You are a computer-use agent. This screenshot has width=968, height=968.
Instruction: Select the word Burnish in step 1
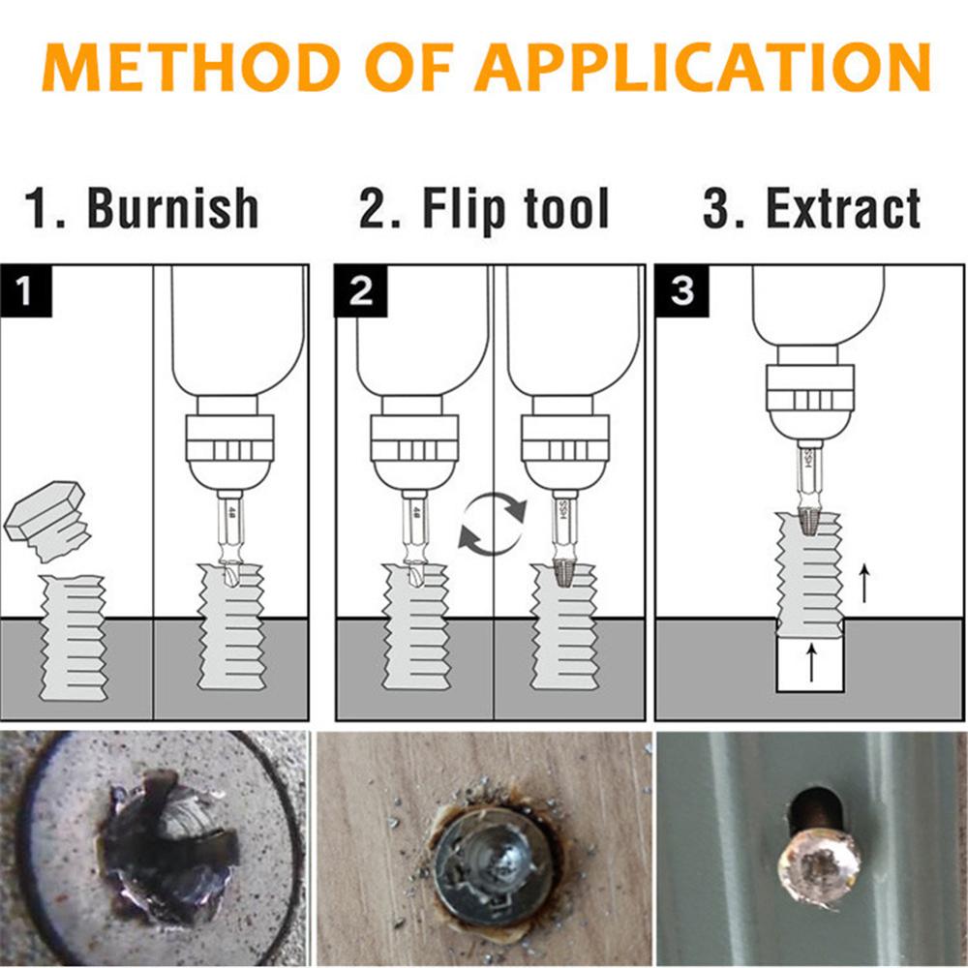[x=173, y=208]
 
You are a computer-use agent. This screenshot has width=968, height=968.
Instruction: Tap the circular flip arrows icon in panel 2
[x=493, y=525]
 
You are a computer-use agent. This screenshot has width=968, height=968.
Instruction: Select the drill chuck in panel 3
[x=809, y=397]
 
